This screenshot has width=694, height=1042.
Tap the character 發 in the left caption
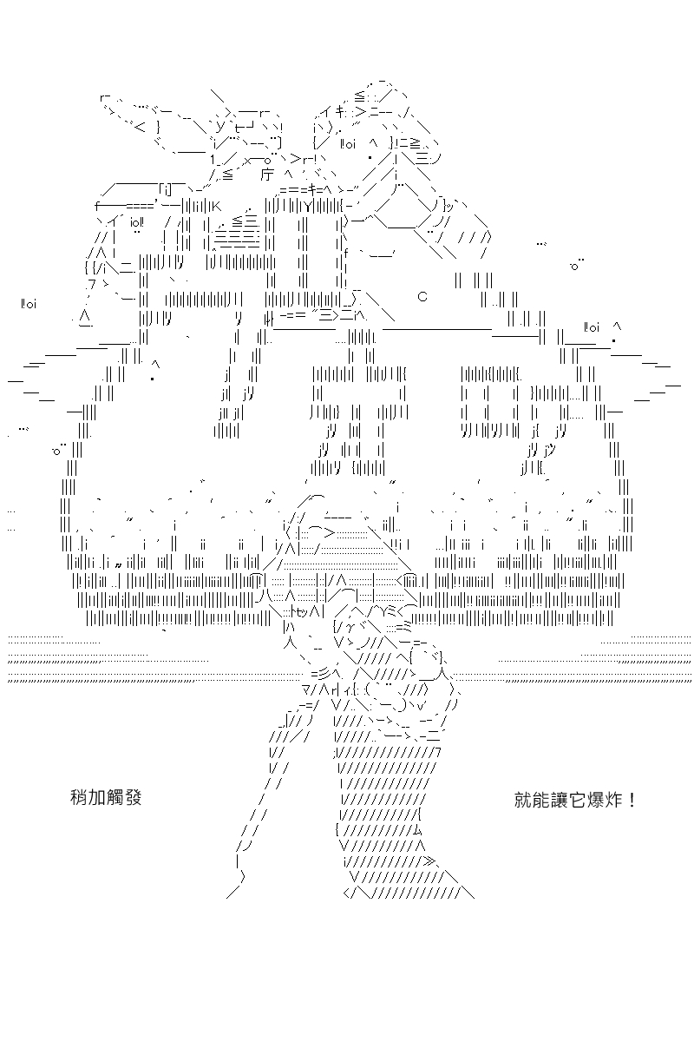133,798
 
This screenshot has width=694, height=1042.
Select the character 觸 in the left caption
115,798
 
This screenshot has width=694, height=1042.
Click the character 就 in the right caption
523,801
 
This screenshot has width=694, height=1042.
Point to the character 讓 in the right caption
559,801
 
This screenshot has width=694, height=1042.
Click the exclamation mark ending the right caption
632,801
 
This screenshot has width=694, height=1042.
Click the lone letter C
422,296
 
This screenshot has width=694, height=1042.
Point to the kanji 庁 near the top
267,175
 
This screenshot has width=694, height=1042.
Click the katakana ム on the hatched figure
416,830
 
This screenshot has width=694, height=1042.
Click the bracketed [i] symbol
166,189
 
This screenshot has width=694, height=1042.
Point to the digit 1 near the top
213,160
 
